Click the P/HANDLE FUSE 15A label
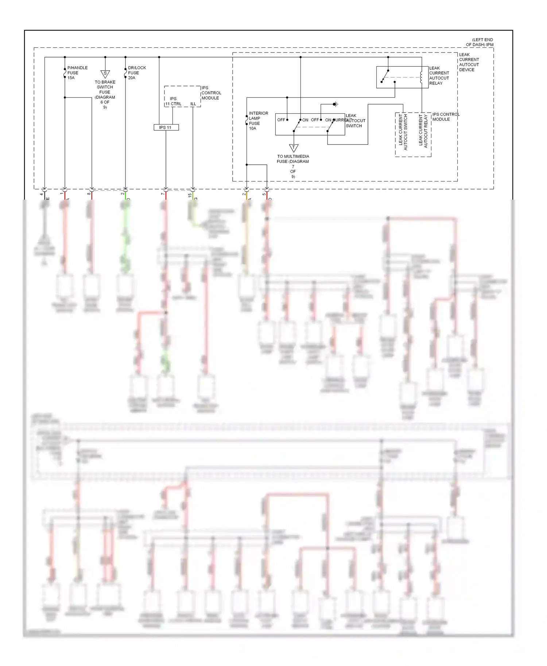tap(77, 73)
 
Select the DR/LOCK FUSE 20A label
tap(137, 73)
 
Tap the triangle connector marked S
tap(105, 74)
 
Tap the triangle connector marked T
tap(294, 148)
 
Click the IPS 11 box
tap(166, 128)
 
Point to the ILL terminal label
tap(193, 104)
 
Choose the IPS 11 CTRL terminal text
tap(173, 101)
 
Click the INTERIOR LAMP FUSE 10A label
tap(258, 121)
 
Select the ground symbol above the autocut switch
tap(336, 104)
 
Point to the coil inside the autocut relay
tap(421, 77)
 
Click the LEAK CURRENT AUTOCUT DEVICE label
tap(469, 62)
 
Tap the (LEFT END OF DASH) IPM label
tap(480, 42)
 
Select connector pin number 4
tap(42, 194)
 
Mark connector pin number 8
tap(89, 194)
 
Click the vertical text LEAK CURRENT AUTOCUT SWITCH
tap(403, 133)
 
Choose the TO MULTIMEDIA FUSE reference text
tap(293, 166)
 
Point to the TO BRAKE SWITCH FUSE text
tap(105, 94)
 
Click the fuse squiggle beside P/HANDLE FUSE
tap(65, 74)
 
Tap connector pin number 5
tap(264, 194)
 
